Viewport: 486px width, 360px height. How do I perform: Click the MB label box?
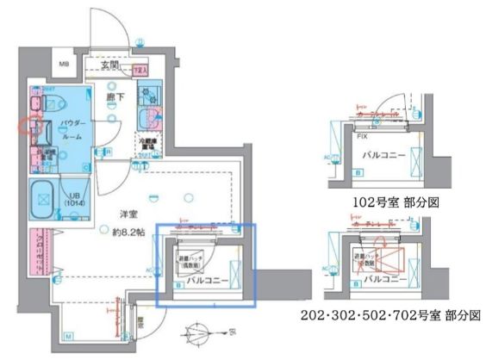[x=64, y=65]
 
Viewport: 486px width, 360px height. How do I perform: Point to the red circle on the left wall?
[x=28, y=127]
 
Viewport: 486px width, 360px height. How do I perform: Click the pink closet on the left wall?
[x=37, y=251]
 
